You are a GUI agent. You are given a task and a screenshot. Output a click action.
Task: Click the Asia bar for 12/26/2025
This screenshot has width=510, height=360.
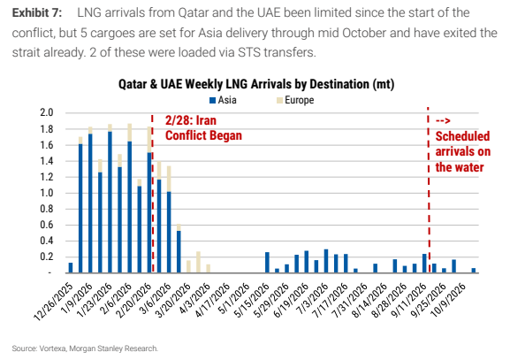[x=71, y=267]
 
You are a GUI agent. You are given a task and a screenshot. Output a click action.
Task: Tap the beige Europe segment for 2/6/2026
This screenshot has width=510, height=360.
[x=129, y=133]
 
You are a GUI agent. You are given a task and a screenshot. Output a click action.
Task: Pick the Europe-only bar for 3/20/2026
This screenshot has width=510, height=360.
[x=188, y=266]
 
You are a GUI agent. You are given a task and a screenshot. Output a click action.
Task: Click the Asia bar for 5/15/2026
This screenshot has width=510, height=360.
[x=267, y=263]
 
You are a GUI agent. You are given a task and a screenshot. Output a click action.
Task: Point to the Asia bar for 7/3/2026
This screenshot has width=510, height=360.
[x=326, y=261]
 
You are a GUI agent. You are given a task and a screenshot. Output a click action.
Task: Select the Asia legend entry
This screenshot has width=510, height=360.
[x=223, y=100]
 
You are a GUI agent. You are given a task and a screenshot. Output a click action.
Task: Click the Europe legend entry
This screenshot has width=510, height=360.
[x=295, y=100]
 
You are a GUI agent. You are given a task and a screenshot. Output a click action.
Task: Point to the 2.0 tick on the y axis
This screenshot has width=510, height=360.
[x=47, y=112]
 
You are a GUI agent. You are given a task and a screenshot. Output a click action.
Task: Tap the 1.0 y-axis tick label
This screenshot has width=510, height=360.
[x=47, y=193]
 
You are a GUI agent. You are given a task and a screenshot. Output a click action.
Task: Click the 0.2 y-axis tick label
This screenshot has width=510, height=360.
[x=47, y=257]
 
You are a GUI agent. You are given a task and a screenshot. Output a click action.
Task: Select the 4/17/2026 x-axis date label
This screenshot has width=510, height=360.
[x=213, y=301]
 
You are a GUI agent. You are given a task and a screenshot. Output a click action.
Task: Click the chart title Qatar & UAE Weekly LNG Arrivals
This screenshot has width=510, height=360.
[x=256, y=84]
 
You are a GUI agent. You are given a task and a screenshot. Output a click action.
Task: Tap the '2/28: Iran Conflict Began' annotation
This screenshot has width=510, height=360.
[x=203, y=128]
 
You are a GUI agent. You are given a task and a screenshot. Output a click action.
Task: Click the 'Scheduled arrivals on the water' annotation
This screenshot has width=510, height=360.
[x=463, y=145]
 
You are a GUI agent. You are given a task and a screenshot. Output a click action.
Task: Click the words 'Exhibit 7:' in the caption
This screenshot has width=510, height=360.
[x=37, y=13]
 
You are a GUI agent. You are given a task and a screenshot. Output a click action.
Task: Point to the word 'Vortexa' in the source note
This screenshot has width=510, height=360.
[x=53, y=349]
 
